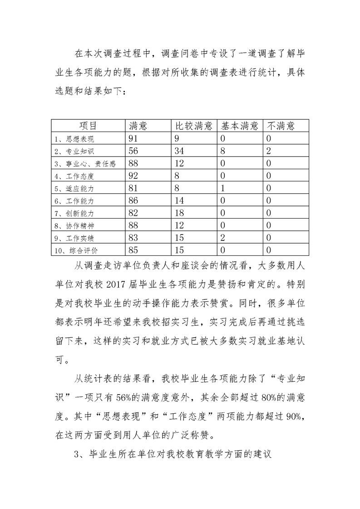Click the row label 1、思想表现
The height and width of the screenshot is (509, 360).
pyautogui.click(x=74, y=138)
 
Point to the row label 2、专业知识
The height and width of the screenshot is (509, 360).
pyautogui.click(x=74, y=151)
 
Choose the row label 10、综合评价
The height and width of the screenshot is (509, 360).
pyautogui.click(x=76, y=250)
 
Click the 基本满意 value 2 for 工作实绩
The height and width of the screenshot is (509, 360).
pyautogui.click(x=223, y=237)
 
